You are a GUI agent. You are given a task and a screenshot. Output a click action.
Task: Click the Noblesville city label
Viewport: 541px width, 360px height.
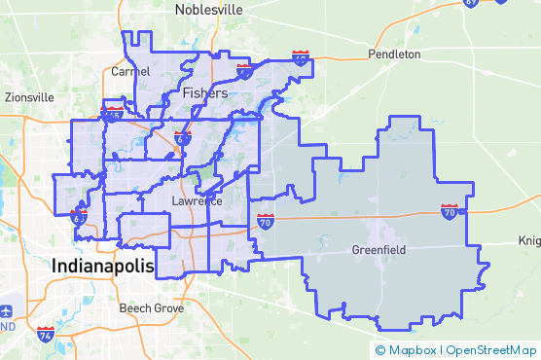208,9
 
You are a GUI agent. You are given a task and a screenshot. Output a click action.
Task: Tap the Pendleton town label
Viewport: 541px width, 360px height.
394,54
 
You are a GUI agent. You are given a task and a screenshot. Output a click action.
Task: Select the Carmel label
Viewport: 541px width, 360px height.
130,72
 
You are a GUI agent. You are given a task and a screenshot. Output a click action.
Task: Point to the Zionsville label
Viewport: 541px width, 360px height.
29,97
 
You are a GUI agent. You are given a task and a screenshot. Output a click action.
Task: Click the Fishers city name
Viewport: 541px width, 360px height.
204,93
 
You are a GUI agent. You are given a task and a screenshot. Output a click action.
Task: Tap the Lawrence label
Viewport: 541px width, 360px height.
197,201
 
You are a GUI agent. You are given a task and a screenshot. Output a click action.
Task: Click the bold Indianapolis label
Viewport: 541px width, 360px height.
103,266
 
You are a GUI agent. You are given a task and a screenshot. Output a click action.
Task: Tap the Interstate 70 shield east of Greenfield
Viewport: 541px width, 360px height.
449,210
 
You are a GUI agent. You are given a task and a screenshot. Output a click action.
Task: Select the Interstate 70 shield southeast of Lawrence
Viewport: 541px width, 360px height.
266,221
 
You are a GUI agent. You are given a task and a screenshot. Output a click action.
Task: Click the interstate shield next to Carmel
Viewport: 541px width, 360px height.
113,114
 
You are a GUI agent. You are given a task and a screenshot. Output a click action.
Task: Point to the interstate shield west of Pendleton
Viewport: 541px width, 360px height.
301,59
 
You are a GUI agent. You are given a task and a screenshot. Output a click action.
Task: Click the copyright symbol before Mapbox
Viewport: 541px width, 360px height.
380,349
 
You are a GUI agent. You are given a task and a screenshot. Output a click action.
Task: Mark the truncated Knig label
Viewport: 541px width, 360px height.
529,240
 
